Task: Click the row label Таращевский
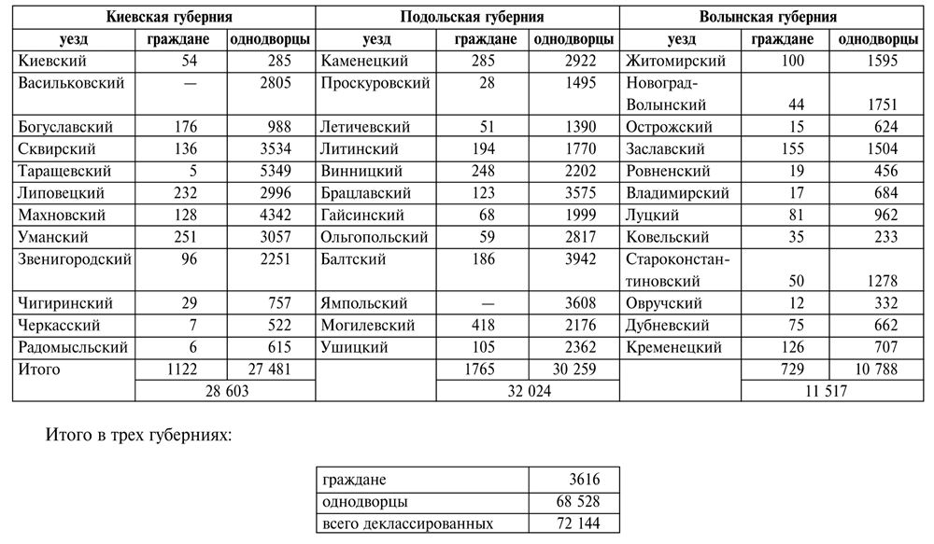[64, 171]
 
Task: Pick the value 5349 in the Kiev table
[272, 171]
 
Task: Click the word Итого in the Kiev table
[39, 370]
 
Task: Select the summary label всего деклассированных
[406, 523]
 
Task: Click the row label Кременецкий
[674, 348]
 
